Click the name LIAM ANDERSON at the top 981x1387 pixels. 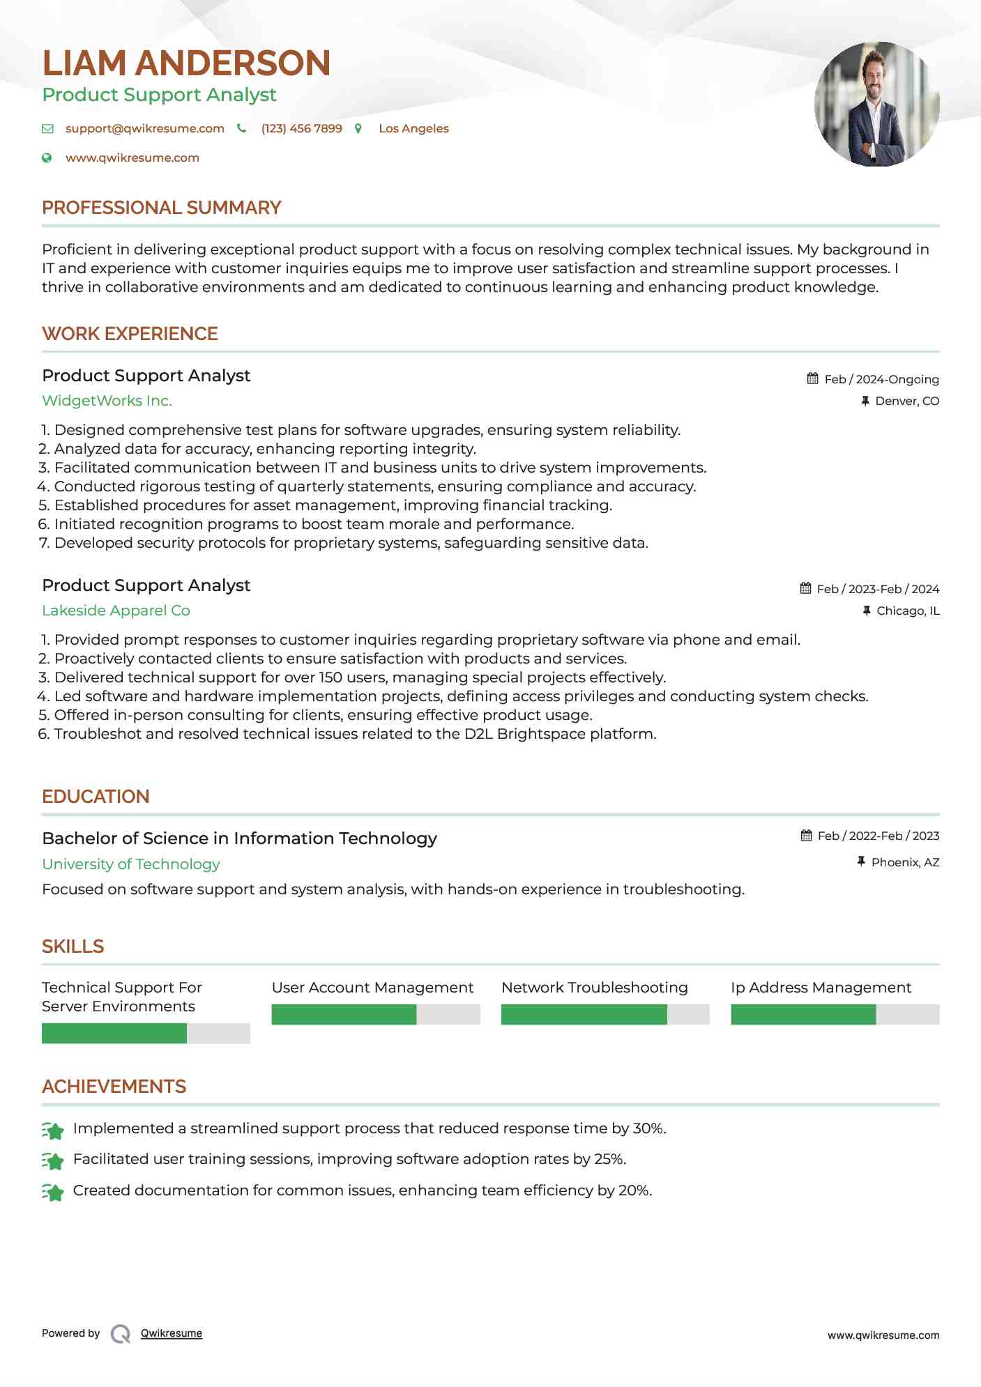[186, 63]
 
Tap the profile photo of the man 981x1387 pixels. [876, 105]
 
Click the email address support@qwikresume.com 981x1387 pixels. [145, 129]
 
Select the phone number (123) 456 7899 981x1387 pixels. [301, 129]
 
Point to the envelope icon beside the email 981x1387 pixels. [47, 129]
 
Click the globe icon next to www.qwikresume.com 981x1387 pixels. [47, 158]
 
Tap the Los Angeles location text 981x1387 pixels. [413, 129]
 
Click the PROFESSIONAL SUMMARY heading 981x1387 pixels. [161, 208]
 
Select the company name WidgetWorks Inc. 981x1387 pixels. [107, 401]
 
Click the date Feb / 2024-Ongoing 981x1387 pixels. [881, 380]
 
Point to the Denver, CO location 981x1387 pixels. [907, 401]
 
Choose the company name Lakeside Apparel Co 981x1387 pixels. [116, 611]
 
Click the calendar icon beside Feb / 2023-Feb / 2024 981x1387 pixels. [806, 589]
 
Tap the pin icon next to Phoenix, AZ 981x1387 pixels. [861, 862]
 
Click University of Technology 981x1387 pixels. [130, 864]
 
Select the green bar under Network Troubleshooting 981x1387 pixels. [584, 1015]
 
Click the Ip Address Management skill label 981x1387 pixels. [821, 988]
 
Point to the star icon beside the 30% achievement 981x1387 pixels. [53, 1130]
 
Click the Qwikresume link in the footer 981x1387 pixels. [172, 1333]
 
